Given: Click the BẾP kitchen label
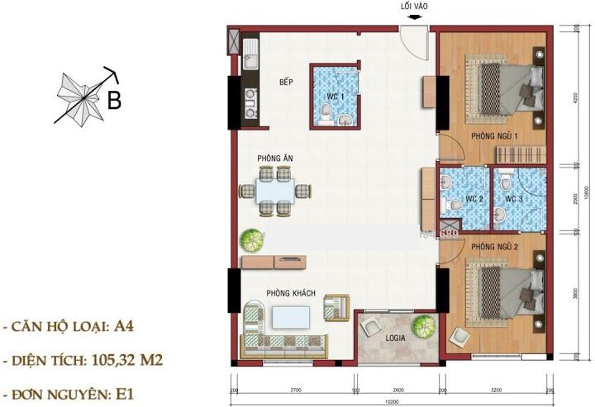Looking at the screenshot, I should click(287, 82).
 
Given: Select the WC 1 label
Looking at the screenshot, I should click(335, 97).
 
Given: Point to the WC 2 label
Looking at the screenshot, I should click(474, 198).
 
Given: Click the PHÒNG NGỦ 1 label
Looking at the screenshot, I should click(494, 135).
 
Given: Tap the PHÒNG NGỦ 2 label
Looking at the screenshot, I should click(494, 247).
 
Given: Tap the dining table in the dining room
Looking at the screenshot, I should click(276, 191).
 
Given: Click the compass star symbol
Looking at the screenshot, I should click(81, 97).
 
